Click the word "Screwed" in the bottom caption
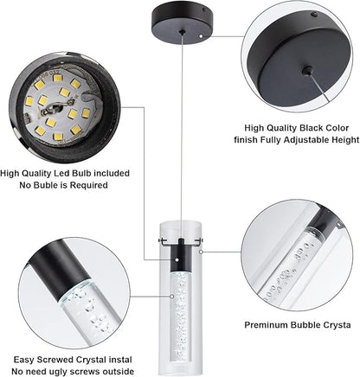point(56,360)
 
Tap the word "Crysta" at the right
point(337,325)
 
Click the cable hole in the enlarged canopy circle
point(308,70)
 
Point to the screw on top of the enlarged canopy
point(314,14)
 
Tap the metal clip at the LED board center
point(53,110)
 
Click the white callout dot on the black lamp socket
point(177,260)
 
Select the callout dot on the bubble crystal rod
point(172,296)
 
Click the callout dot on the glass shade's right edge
point(201,252)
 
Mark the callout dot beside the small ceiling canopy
point(201,36)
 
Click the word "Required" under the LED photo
point(89,185)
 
